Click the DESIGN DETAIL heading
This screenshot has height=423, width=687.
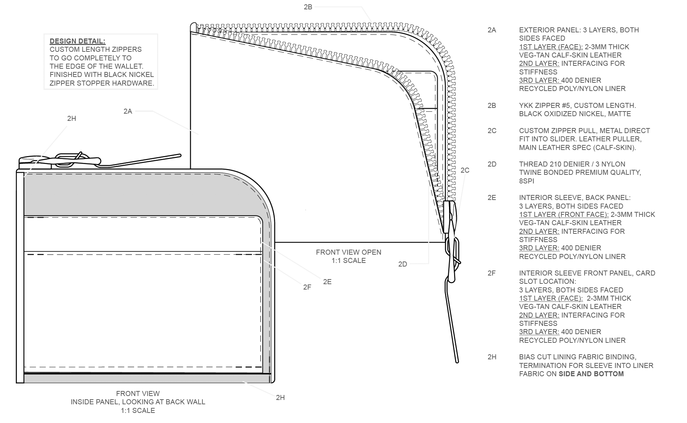[77, 41]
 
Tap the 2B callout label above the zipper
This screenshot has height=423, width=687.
[308, 7]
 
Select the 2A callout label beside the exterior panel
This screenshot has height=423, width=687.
[128, 111]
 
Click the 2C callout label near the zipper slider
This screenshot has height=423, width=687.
[465, 170]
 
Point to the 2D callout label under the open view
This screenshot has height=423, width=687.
[403, 264]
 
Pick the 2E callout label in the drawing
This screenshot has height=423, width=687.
[327, 282]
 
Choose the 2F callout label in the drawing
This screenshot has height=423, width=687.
[307, 287]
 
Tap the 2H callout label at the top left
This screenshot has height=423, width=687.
[72, 118]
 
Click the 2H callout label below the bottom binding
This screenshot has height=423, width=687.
[280, 397]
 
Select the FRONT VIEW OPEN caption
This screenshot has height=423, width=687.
[348, 252]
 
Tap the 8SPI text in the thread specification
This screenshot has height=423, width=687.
[526, 181]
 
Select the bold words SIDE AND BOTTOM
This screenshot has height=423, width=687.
[591, 374]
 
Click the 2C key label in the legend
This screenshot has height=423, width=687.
[492, 131]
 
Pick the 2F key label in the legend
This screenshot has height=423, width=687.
[491, 273]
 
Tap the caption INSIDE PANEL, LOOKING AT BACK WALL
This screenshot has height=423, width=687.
[138, 402]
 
